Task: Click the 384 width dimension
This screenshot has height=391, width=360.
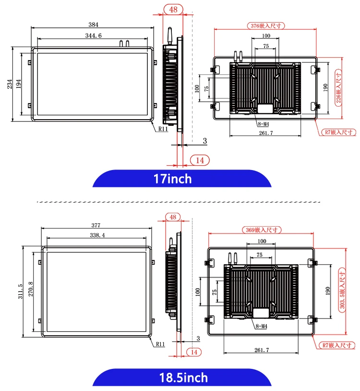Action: point(94,24)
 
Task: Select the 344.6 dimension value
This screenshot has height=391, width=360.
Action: point(94,36)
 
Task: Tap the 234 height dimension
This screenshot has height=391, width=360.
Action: point(10,84)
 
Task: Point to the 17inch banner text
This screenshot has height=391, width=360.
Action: point(172,179)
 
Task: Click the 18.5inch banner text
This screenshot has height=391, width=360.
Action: point(183,378)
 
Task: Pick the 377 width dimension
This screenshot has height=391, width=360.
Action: point(96,225)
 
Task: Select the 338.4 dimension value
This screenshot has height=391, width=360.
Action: point(97,235)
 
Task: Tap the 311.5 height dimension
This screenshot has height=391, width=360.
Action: point(20,291)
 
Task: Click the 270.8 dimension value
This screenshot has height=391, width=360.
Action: point(31,289)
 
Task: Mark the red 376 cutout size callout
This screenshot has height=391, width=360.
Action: point(266,25)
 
